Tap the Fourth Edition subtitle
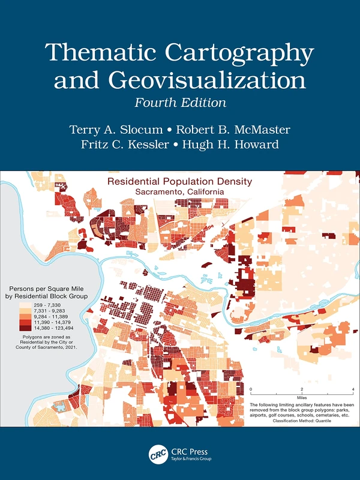tap(180, 102)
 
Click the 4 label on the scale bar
tap(353, 390)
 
